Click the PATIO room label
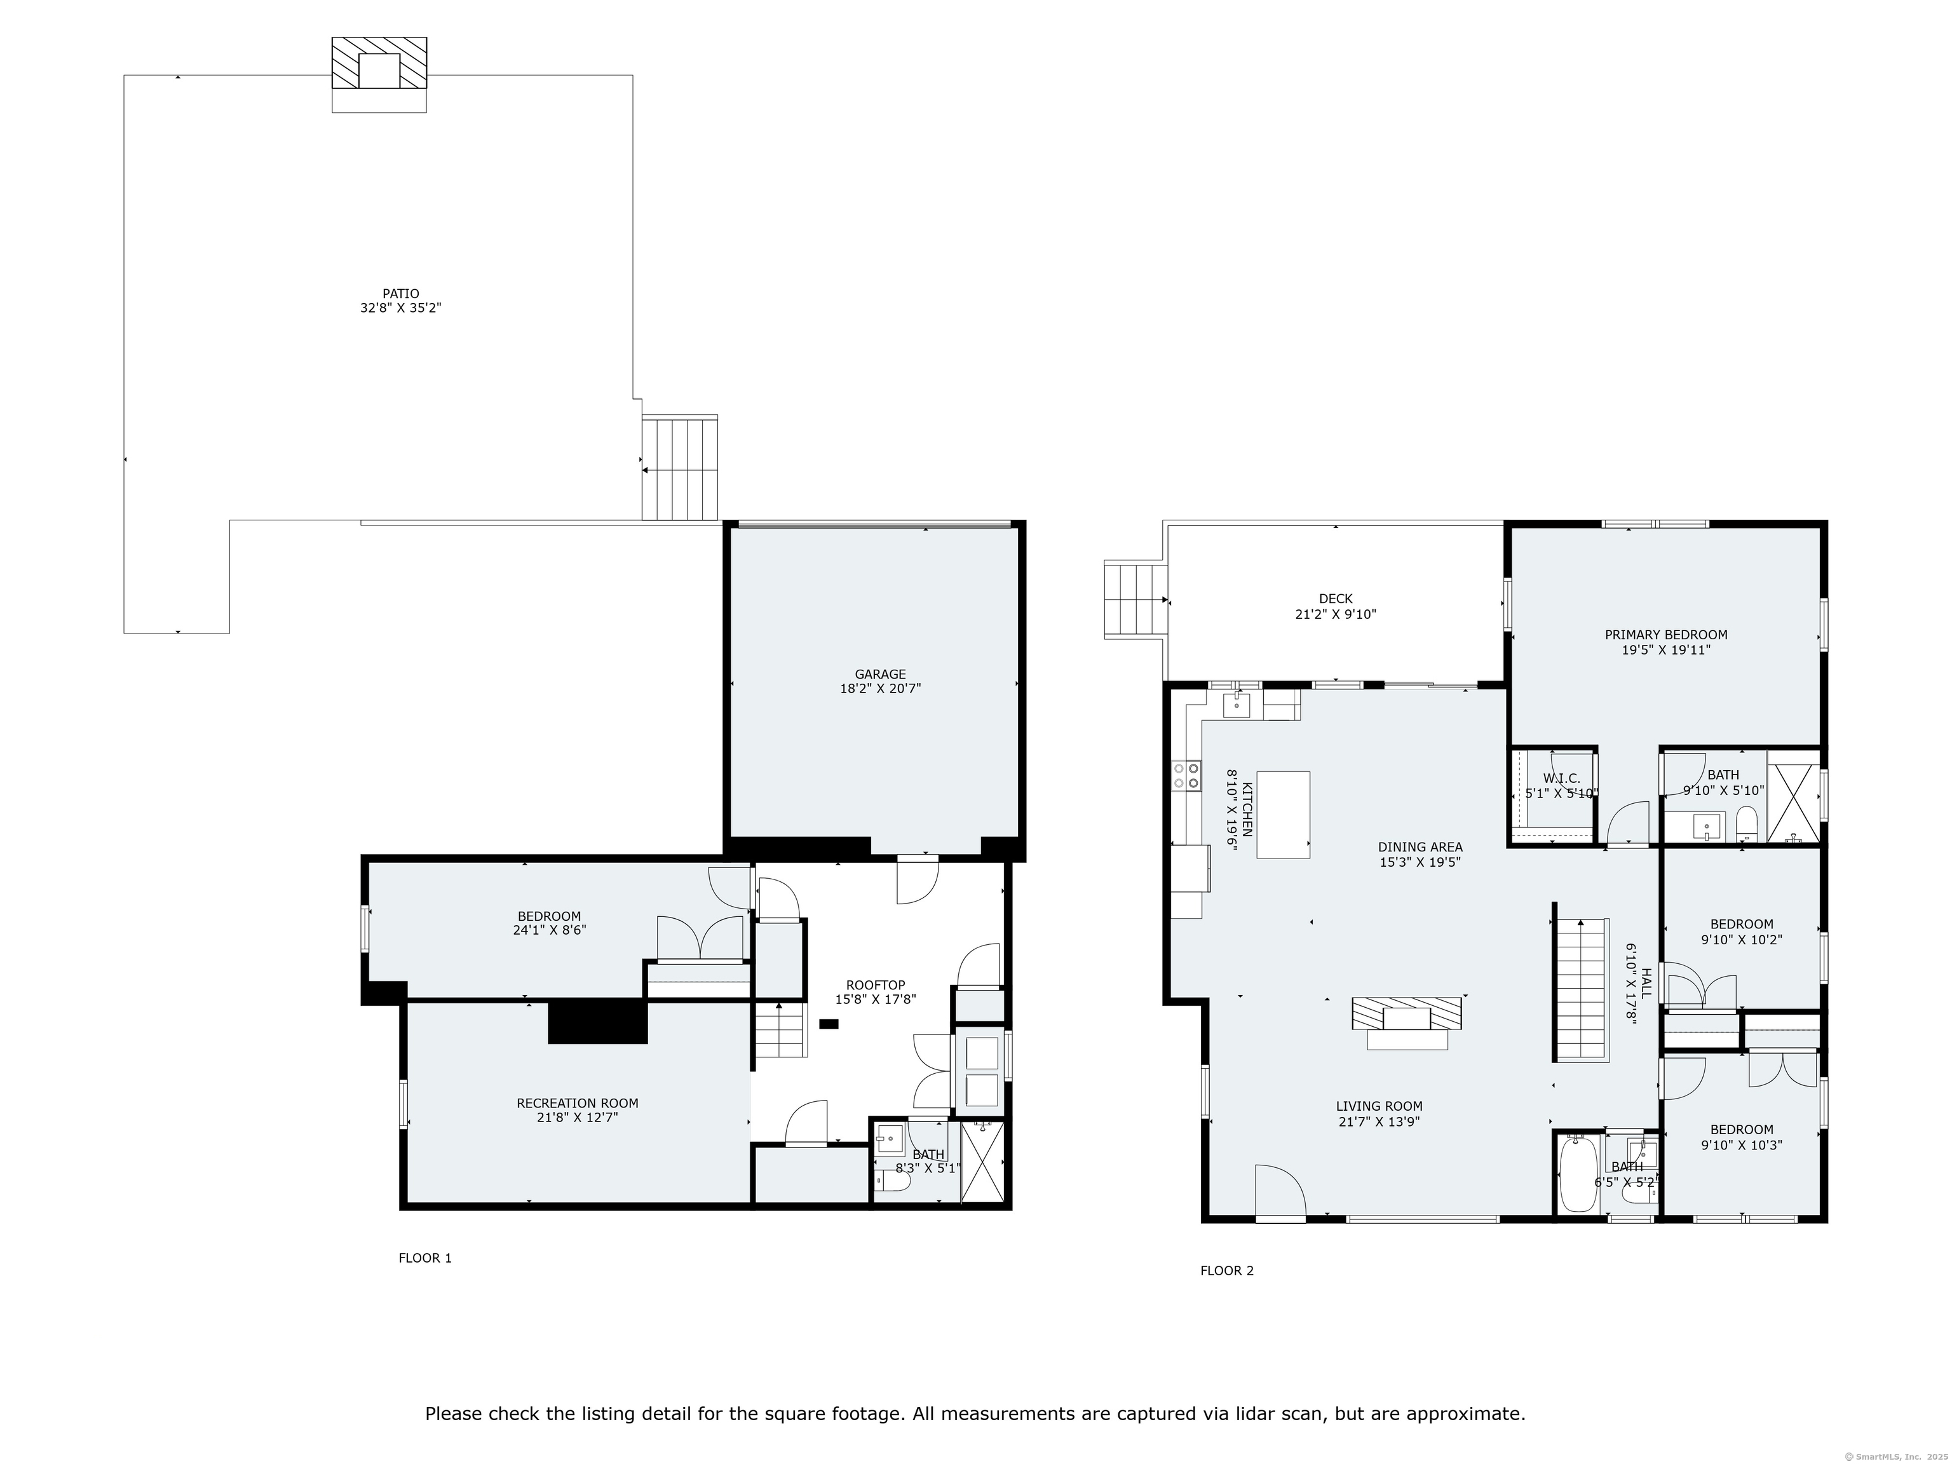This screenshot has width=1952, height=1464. click(x=401, y=294)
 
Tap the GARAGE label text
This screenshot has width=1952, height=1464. click(x=880, y=675)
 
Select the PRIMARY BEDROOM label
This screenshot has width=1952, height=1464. click(x=1666, y=635)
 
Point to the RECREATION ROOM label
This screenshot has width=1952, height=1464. click(x=577, y=1103)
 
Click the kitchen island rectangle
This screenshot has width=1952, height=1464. click(x=1283, y=815)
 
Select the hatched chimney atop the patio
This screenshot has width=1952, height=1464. click(x=379, y=63)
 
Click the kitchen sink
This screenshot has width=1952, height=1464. click(x=1237, y=705)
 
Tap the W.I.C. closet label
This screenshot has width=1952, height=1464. click(x=1561, y=778)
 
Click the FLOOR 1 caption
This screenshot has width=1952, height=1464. click(x=425, y=1258)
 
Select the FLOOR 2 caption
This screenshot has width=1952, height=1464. click(x=1226, y=1271)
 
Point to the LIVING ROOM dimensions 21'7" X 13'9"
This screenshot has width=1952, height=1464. click(x=1379, y=1122)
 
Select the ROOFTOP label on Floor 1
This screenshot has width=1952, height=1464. click(x=876, y=986)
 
